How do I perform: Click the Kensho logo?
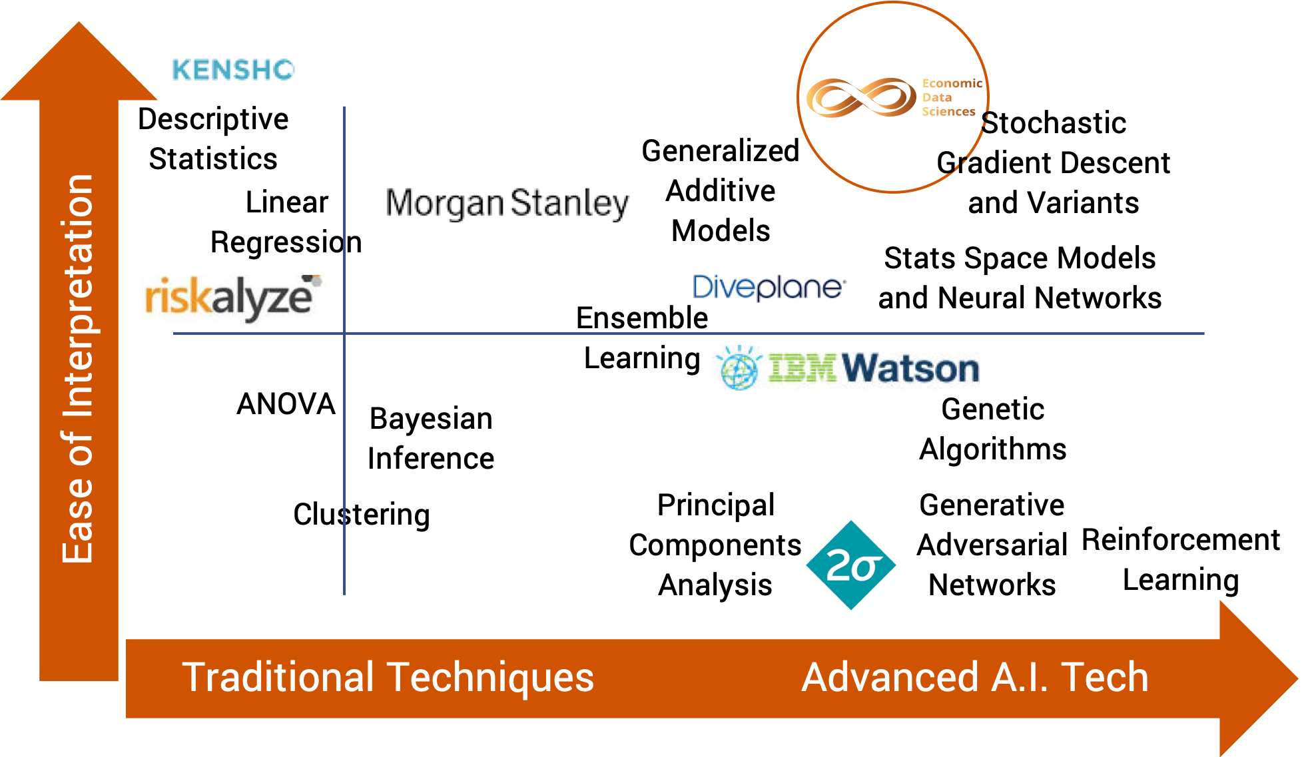[x=233, y=69]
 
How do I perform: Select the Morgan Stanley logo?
[x=512, y=204]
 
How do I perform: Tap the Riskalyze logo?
[x=233, y=300]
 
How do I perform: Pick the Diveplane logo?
[x=774, y=287]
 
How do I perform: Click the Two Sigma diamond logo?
[x=850, y=565]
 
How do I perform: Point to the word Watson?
[x=910, y=368]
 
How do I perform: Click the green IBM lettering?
[x=802, y=368]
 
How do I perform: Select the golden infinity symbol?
[x=861, y=98]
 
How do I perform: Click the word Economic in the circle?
[x=952, y=83]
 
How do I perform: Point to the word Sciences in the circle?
[x=948, y=112]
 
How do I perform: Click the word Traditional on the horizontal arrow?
[x=278, y=678]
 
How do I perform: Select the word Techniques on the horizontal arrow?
[x=490, y=678]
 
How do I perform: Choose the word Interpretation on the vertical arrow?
[x=79, y=296]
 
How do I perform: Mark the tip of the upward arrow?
[x=79, y=24]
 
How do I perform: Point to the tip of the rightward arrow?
[x=1296, y=679]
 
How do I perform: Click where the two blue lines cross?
[x=344, y=333]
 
